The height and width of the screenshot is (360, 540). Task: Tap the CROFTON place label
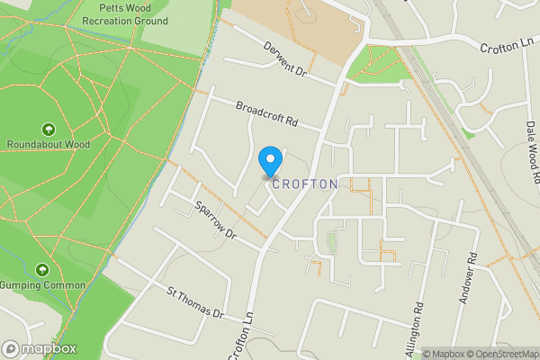pos(304,184)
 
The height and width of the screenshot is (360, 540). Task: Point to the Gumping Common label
pos(43,285)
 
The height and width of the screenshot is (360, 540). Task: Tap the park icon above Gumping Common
pos(41,270)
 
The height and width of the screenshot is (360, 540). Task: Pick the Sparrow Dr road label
pos(214,220)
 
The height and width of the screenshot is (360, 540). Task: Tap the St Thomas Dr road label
pos(194,303)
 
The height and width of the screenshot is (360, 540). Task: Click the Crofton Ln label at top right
pos(508,45)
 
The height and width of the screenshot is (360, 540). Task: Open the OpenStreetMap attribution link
pos(499,354)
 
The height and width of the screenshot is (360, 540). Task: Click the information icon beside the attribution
pos(414,354)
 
